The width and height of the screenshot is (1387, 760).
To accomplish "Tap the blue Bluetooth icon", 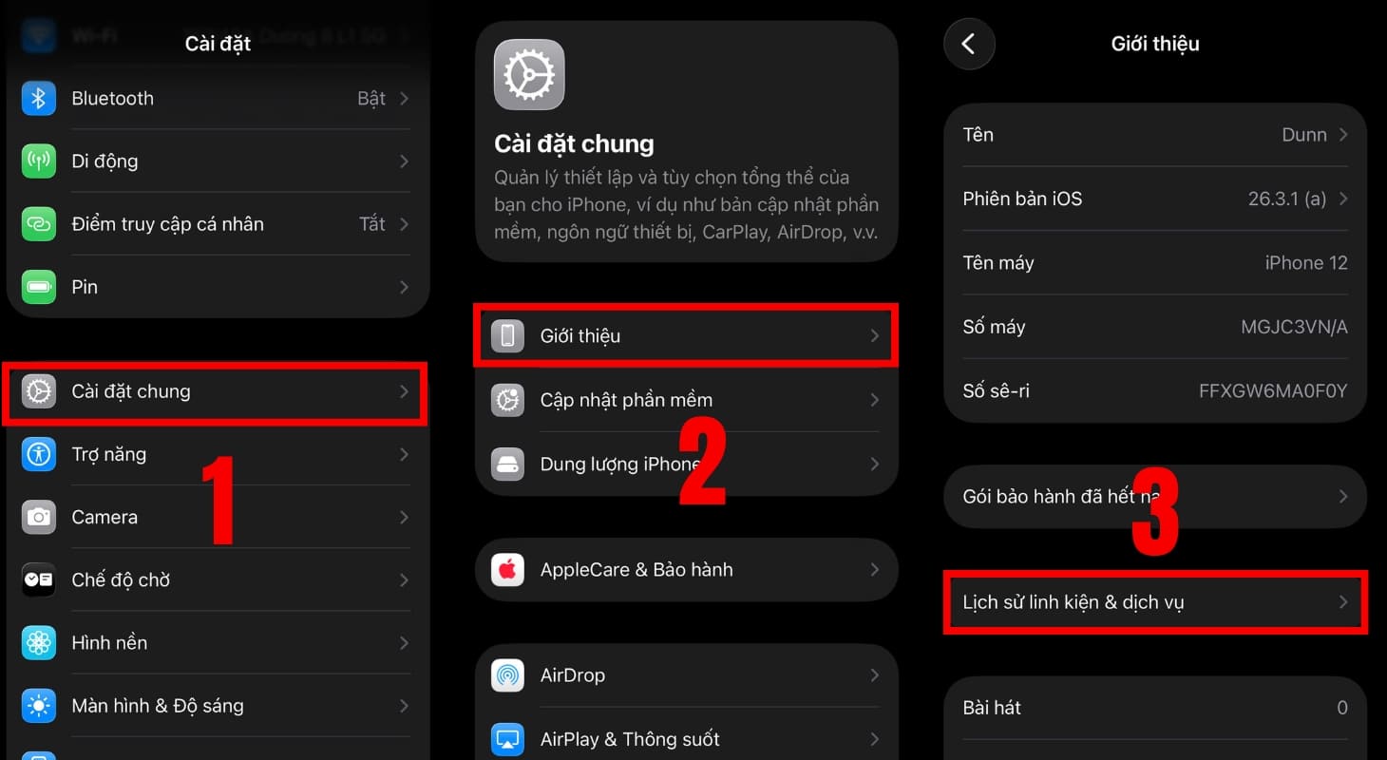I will pos(39,99).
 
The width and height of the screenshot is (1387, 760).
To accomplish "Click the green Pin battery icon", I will pos(39,287).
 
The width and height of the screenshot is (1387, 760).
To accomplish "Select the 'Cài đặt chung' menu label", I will pos(131,391).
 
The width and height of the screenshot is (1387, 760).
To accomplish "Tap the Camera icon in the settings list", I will pos(39,517).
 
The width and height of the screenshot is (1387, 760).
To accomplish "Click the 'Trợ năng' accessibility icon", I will pos(39,454).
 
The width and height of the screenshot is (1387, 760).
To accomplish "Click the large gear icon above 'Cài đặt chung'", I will pos(529,75).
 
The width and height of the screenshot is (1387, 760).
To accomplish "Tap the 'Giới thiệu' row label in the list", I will pos(579,335).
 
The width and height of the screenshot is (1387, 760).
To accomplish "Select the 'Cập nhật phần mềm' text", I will pos(626,400).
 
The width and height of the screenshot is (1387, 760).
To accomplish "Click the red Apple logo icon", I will pos(507,570).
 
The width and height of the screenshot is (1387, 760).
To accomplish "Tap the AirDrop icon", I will pos(507,675).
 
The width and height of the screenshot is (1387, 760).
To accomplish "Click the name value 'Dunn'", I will pos(1303,135).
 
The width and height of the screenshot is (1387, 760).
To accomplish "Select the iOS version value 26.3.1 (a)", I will pos(1286,199).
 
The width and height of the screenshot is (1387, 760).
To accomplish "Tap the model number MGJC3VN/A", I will pos(1294,327).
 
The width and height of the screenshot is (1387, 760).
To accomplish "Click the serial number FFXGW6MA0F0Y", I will pos(1273,390).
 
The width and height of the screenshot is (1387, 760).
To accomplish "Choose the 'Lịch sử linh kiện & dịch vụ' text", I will pos(1073,602).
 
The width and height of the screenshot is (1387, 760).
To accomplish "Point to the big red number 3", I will pos(1155,513).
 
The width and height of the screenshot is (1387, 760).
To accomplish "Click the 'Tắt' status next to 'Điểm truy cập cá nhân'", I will pos(371,224).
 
